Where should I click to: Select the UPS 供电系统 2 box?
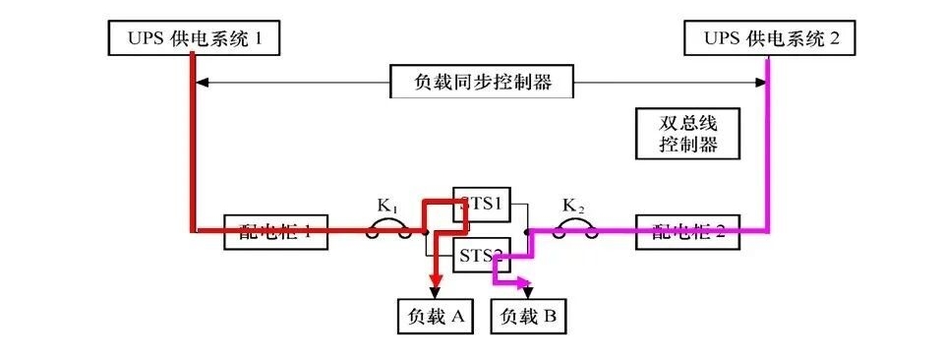(x=768, y=38)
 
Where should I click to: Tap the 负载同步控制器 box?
(x=481, y=82)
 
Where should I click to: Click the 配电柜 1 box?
(x=275, y=231)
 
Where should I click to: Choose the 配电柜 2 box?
(x=688, y=231)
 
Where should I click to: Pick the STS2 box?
(x=482, y=258)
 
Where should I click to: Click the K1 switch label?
(x=386, y=207)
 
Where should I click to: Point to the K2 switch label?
(x=572, y=207)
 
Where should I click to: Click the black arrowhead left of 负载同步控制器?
(x=203, y=82)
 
